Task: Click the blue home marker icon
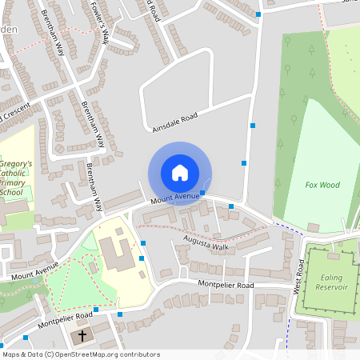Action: [180, 173]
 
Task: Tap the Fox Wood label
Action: [322, 185]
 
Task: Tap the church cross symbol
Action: [83, 338]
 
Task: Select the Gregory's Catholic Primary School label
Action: [16, 178]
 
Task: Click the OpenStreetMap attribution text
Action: [80, 354]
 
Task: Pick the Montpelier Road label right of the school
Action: [226, 285]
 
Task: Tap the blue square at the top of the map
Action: [258, 14]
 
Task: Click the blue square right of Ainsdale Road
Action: [253, 126]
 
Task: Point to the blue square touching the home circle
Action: [203, 193]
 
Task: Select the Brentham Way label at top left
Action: [54, 36]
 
